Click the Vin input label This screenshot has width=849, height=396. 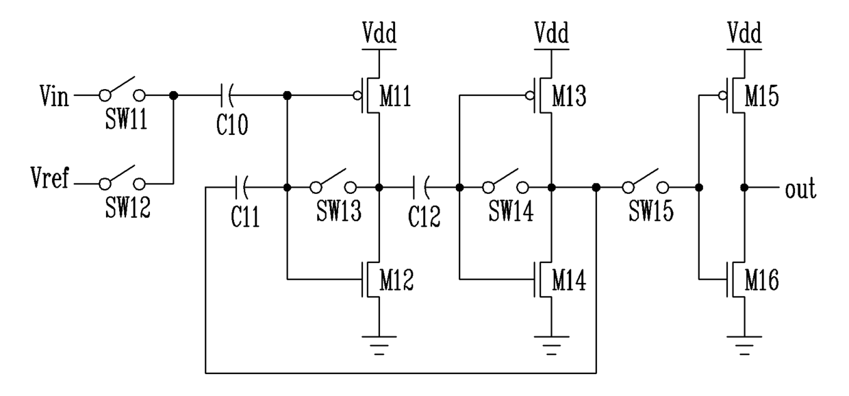pyautogui.click(x=55, y=97)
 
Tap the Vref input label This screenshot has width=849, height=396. pyautogui.click(x=50, y=177)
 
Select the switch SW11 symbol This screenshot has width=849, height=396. pyautogui.click(x=122, y=90)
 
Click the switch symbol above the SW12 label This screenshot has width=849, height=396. pyautogui.click(x=122, y=178)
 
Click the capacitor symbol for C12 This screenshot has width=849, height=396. pyautogui.click(x=420, y=187)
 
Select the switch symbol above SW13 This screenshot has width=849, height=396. pyautogui.click(x=333, y=182)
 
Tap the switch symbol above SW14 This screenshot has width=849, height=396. pyautogui.click(x=505, y=182)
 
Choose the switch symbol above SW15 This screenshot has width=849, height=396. pyautogui.click(x=646, y=182)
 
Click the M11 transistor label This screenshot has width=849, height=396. pyautogui.click(x=395, y=97)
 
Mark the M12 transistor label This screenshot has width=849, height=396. pyautogui.click(x=396, y=280)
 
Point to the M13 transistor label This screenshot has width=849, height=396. pyautogui.click(x=569, y=97)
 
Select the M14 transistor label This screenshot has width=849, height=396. pyautogui.click(x=569, y=280)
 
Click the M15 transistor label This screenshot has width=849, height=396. pyautogui.click(x=761, y=97)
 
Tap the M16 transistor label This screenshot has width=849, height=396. pyautogui.click(x=761, y=280)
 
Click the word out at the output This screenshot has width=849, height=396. pyautogui.click(x=800, y=189)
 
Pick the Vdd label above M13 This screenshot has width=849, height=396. pyautogui.click(x=551, y=33)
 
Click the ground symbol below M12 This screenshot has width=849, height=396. pyautogui.click(x=379, y=345)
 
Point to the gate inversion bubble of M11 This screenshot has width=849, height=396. pyautogui.click(x=357, y=96)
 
